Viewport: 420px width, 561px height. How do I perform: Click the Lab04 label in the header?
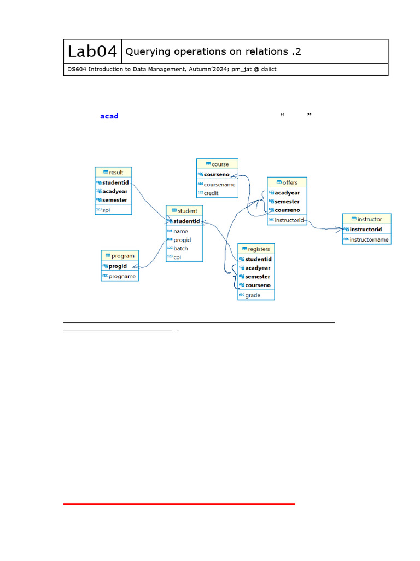(x=92, y=51)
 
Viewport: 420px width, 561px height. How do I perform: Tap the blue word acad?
(x=109, y=116)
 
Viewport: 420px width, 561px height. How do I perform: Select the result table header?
(x=113, y=172)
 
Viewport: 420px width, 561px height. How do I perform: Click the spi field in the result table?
(x=106, y=210)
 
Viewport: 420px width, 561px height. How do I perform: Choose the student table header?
(x=184, y=211)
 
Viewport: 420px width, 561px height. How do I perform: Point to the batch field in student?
(x=180, y=249)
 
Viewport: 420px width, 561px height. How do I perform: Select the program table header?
(x=119, y=256)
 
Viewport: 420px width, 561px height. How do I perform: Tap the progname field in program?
(x=122, y=276)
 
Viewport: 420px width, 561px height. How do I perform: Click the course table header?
(x=217, y=164)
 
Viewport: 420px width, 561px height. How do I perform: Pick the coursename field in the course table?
(x=219, y=185)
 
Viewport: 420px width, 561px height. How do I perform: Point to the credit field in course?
(x=211, y=193)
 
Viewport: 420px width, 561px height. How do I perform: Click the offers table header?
(x=287, y=182)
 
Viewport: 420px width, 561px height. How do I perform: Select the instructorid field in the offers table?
(x=289, y=220)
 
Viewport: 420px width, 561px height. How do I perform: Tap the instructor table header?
(x=366, y=219)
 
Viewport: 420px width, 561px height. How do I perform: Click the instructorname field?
(x=369, y=239)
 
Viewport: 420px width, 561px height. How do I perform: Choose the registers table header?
(x=256, y=249)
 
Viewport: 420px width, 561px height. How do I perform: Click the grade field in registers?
(x=253, y=295)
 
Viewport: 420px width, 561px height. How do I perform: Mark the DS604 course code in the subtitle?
(x=76, y=69)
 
